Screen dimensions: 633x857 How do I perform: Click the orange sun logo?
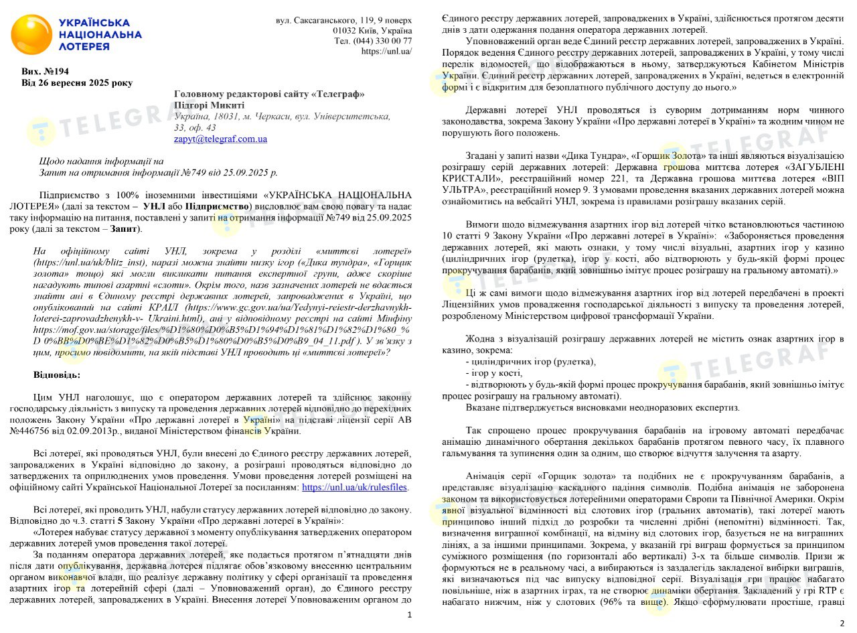coord(31,35)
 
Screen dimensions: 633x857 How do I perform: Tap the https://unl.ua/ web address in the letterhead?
coord(386,51)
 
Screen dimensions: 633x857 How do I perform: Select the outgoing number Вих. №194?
coord(46,71)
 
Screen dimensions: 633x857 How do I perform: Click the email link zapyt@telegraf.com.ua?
coord(220,139)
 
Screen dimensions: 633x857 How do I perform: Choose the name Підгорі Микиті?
coord(209,104)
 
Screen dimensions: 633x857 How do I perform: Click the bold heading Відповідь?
coord(57,374)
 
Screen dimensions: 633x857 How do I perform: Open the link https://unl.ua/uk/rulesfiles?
coord(355,488)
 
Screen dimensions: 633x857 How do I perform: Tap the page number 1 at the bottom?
coord(410,614)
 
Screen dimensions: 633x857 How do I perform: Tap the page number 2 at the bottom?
coord(842,624)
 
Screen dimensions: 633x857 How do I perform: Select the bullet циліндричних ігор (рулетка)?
coord(530,362)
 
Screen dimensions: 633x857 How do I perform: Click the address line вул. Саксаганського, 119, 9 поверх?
coord(344,21)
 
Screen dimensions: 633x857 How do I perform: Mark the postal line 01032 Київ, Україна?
coord(372,31)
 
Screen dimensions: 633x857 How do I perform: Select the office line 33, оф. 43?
coord(195,127)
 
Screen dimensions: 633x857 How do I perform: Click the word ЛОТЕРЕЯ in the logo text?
coord(84,47)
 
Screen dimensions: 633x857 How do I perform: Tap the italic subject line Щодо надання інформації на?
coord(101,161)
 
